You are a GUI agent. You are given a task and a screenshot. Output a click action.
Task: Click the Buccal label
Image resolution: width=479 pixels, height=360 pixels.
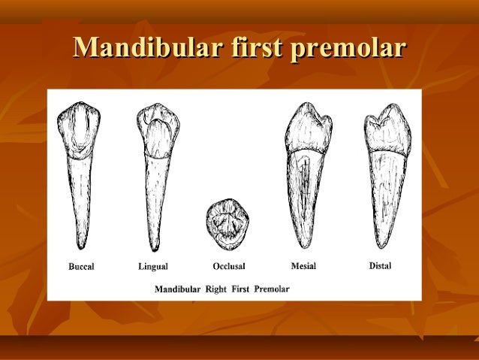pyautogui.click(x=81, y=266)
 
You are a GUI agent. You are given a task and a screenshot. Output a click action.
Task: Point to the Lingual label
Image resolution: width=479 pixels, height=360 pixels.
pyautogui.click(x=153, y=266)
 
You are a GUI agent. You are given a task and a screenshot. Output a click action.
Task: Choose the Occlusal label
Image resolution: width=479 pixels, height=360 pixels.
pyautogui.click(x=228, y=266)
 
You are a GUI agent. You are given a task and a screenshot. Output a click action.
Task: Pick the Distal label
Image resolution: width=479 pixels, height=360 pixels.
pyautogui.click(x=380, y=265)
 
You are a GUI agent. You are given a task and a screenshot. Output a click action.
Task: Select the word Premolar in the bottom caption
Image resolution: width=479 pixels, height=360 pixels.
pyautogui.click(x=272, y=289)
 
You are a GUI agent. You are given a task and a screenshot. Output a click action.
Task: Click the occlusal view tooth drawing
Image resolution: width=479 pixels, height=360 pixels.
pyautogui.click(x=228, y=222)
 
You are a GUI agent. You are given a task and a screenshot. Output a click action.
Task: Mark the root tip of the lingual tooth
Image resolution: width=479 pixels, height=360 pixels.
pyautogui.click(x=155, y=250)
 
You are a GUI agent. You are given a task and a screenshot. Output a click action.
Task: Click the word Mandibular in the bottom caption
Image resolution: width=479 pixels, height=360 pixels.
pyautogui.click(x=178, y=289)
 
